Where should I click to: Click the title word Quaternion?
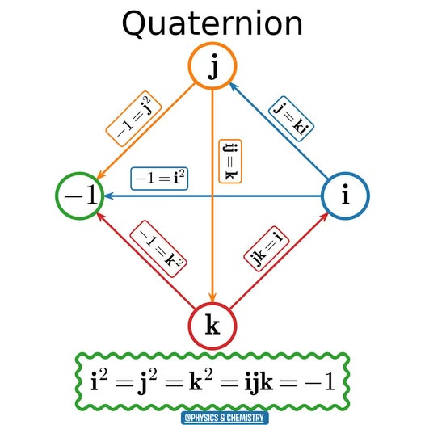[x=212, y=24]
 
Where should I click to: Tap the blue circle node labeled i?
[x=346, y=196]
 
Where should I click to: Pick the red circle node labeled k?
[x=212, y=326]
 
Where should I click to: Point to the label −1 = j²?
[x=133, y=119]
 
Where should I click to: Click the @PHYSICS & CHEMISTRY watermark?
[x=213, y=419]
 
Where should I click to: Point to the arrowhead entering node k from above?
[x=212, y=297]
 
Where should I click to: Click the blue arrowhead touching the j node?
[x=234, y=83]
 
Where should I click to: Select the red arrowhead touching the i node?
[x=325, y=217]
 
